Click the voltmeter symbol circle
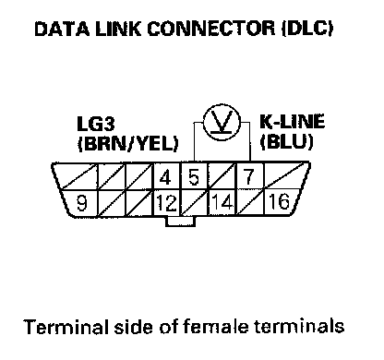[x=222, y=123]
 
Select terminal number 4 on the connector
[x=165, y=177]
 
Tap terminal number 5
[x=194, y=177]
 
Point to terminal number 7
[x=248, y=177]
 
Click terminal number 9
[x=81, y=203]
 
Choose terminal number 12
[x=166, y=203]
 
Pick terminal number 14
[x=222, y=202]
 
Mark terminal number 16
[x=280, y=201]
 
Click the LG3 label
[x=96, y=124]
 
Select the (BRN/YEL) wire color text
[x=127, y=143]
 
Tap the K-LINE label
[x=293, y=121]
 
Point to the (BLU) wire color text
[x=287, y=141]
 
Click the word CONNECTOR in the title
[x=210, y=29]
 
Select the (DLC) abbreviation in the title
[x=307, y=29]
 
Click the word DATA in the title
[x=62, y=29]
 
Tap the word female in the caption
[x=216, y=326]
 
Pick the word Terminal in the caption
[x=66, y=326]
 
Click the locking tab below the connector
[x=180, y=222]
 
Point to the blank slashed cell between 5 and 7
[x=222, y=175]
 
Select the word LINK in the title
[x=118, y=29]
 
